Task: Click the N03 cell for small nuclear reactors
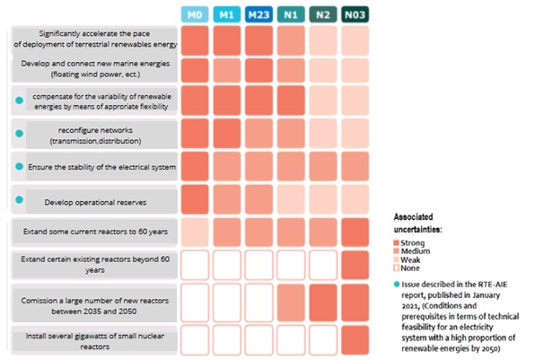(x=355, y=339)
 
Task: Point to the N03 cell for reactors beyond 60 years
(x=355, y=264)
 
